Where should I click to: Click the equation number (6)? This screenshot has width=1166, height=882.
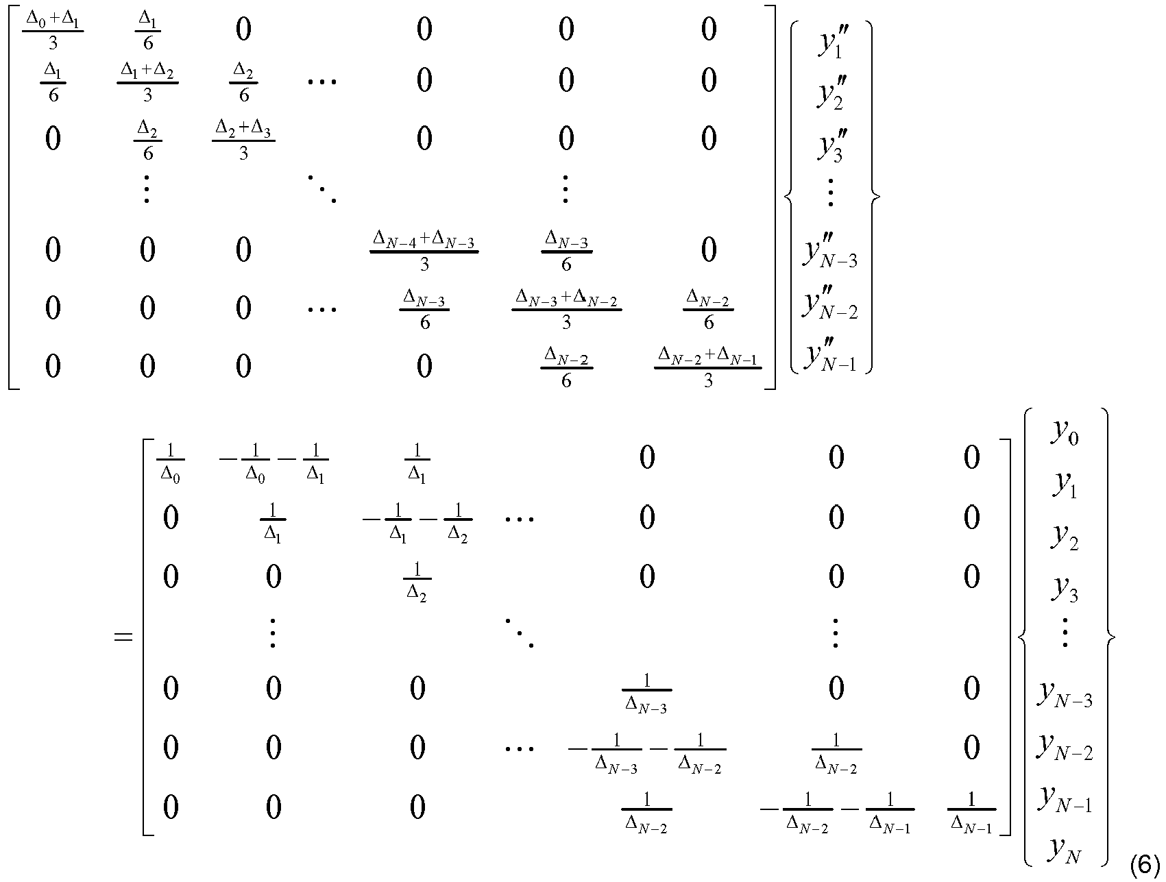coord(1144,866)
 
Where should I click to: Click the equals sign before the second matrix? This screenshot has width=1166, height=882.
coord(123,637)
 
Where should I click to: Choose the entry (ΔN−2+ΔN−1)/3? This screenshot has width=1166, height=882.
coord(708,367)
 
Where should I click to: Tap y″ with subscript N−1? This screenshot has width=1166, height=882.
coord(830,354)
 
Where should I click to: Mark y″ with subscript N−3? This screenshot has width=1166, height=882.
coord(830,249)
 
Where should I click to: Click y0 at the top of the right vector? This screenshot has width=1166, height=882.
coord(1065,433)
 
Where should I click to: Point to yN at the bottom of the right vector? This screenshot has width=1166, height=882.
coord(1065,850)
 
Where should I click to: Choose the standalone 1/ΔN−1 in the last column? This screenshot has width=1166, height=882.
coord(971,813)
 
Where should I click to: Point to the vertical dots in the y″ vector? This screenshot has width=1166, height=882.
coord(831,193)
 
